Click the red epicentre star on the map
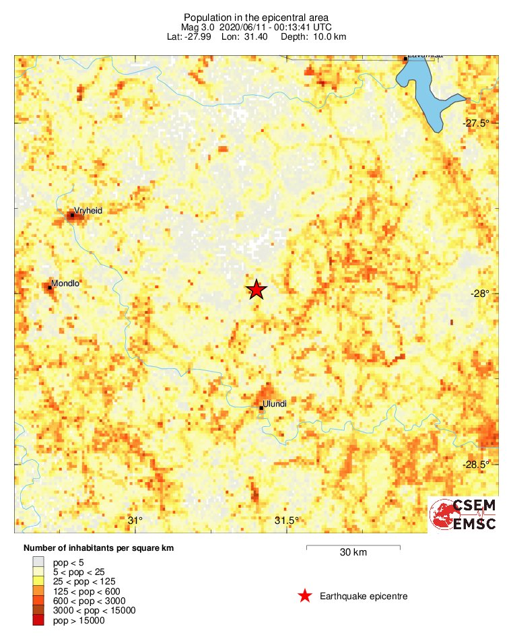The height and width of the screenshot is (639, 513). click(256, 290)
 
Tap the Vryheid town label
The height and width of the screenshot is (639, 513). click(89, 211)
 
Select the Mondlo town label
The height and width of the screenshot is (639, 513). click(65, 283)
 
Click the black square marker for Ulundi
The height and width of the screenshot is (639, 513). click(261, 407)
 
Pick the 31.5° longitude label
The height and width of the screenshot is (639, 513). click(287, 520)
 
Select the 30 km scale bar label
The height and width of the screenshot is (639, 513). click(353, 553)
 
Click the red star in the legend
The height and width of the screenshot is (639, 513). click(305, 596)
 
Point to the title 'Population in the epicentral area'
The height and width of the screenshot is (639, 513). click(256, 16)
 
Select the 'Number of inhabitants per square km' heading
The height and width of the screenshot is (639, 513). click(98, 548)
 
